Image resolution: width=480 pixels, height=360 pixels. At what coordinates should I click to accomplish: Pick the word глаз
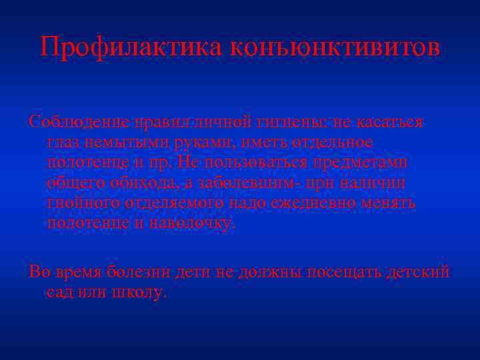point(63,143)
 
